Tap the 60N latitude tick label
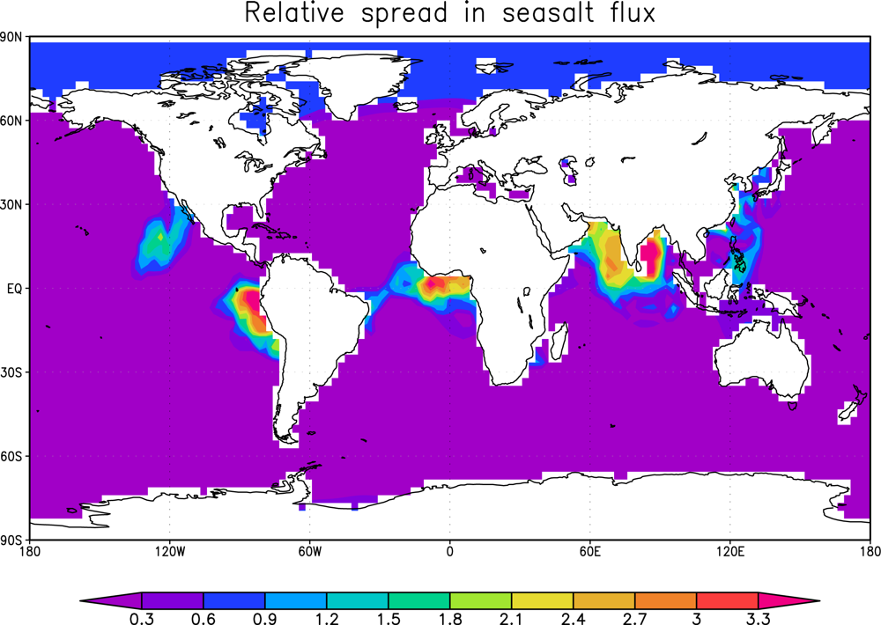[12, 120]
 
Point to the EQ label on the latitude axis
[15, 288]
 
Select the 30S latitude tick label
[12, 372]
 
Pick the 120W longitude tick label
[169, 552]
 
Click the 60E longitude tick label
[589, 552]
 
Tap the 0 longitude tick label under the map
[449, 552]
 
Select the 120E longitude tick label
[729, 552]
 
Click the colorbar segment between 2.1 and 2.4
[542, 600]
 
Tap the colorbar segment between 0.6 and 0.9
[234, 600]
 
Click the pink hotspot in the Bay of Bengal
[653, 255]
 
